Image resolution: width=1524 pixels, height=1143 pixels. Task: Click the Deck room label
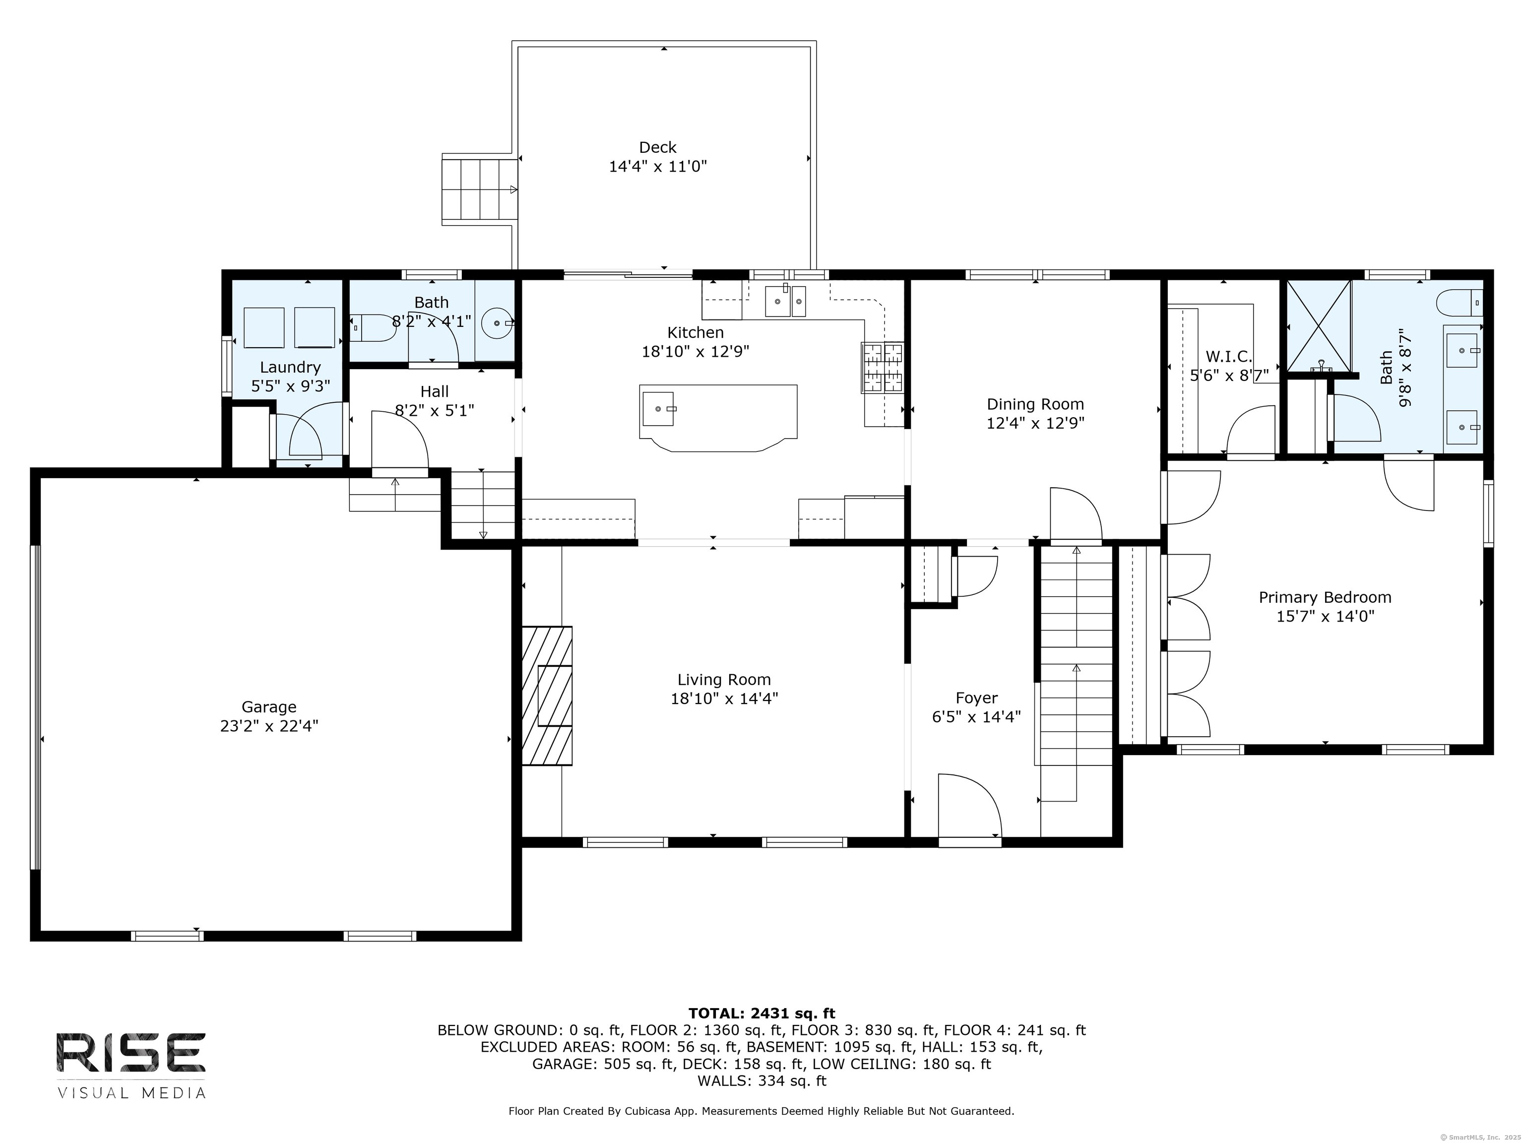(x=657, y=147)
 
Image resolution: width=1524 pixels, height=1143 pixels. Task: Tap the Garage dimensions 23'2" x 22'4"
(x=269, y=726)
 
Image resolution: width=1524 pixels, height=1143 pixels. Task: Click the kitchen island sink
(x=659, y=409)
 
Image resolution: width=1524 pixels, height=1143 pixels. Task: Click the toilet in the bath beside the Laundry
(x=372, y=328)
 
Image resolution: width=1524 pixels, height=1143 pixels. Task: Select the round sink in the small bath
(x=497, y=322)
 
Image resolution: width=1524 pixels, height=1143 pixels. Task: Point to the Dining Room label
(x=1035, y=404)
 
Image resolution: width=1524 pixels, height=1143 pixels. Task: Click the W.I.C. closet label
(x=1228, y=357)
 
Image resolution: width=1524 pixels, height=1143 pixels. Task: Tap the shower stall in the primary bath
(x=1319, y=326)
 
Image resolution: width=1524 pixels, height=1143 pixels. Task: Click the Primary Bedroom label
(x=1325, y=597)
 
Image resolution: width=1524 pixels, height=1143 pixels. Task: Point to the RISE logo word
(x=131, y=1053)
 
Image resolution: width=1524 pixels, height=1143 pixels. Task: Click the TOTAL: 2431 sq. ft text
(x=762, y=1014)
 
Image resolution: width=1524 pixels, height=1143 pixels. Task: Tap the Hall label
(x=434, y=391)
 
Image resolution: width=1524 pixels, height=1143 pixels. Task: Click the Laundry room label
(x=290, y=367)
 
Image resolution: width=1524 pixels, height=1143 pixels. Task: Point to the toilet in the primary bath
(x=1459, y=302)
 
